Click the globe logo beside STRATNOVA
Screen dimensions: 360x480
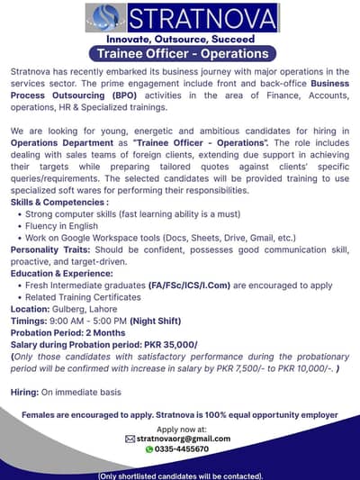pyautogui.click(x=108, y=18)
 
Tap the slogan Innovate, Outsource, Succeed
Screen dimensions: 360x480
pyautogui.click(x=180, y=40)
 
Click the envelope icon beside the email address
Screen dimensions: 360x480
pyautogui.click(x=130, y=439)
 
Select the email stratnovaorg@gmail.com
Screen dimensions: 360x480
pyautogui.click(x=184, y=439)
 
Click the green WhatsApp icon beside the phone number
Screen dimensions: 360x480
pyautogui.click(x=149, y=448)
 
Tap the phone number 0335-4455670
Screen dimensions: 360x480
pyautogui.click(x=183, y=448)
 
